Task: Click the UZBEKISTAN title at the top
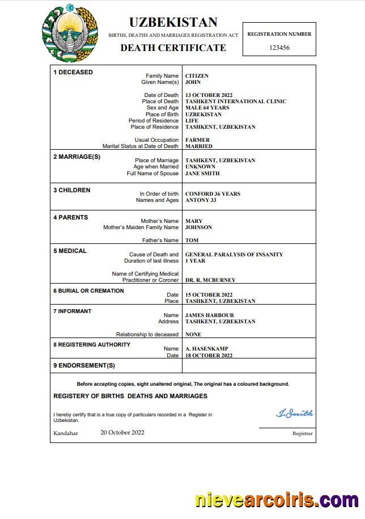point(173,22)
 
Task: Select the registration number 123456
point(279,48)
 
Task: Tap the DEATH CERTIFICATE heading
point(173,48)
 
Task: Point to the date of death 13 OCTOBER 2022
point(209,95)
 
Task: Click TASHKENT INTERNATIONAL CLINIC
point(236,102)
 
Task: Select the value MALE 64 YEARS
point(207,108)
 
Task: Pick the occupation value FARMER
point(197,140)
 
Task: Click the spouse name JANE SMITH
point(202,173)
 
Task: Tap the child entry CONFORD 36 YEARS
point(213,194)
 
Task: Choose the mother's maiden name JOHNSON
point(198,227)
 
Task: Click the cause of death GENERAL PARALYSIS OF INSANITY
point(234,255)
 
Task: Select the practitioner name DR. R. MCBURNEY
point(210,280)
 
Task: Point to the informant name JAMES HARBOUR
point(209,315)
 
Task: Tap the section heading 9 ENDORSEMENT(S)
point(84,365)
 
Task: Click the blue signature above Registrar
point(294,413)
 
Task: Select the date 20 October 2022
point(122,432)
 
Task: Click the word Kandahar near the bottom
point(66,433)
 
